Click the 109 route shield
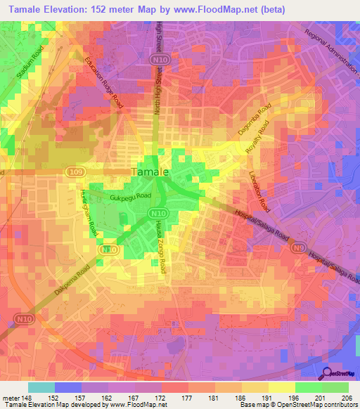[x=76, y=171]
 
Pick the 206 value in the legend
[x=345, y=398]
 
